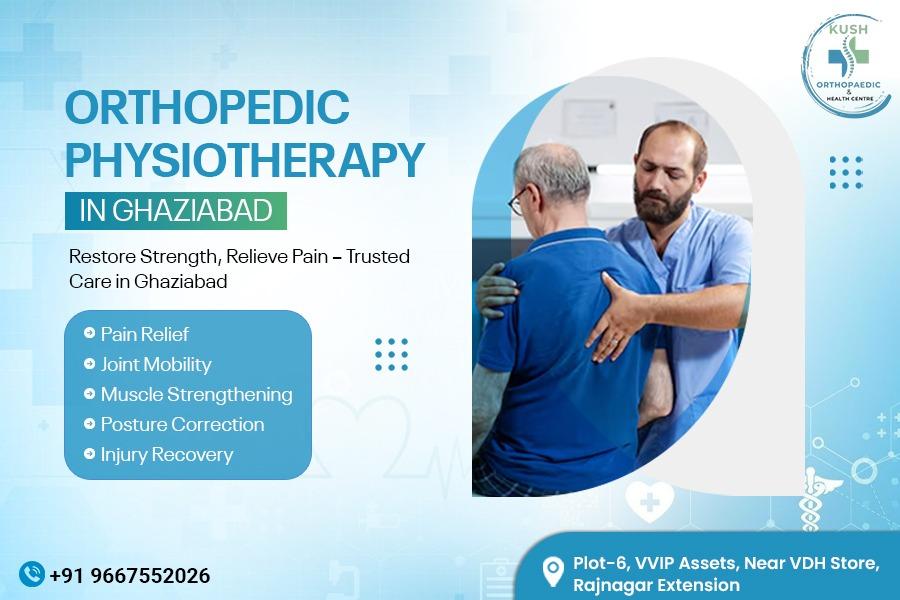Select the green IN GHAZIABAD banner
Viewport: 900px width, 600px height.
pyautogui.click(x=176, y=212)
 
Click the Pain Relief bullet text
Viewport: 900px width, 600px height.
pyautogui.click(x=144, y=334)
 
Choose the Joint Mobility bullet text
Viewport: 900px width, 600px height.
pyautogui.click(x=155, y=364)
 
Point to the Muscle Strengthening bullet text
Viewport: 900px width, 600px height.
pyautogui.click(x=196, y=394)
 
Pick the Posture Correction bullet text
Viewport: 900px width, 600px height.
pyautogui.click(x=182, y=424)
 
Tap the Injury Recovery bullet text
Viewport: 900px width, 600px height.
pyautogui.click(x=166, y=454)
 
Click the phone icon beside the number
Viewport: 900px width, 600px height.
pyautogui.click(x=32, y=573)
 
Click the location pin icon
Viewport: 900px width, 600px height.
pyautogui.click(x=552, y=571)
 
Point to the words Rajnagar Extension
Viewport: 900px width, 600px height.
pyautogui.click(x=656, y=585)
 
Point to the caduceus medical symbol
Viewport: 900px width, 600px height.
pyautogui.click(x=807, y=506)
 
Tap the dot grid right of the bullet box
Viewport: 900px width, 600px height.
pyautogui.click(x=391, y=354)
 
